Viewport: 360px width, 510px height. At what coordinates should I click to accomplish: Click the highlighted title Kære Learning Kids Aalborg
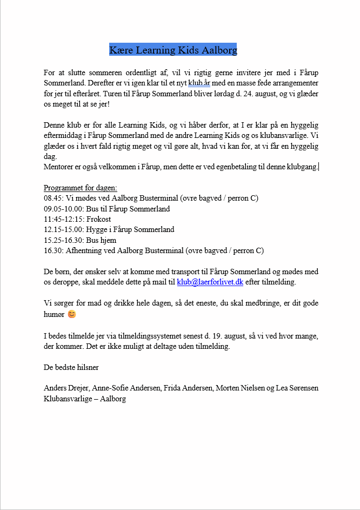coord(173,50)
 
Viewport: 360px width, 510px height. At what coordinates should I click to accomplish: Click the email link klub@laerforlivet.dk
coord(210,282)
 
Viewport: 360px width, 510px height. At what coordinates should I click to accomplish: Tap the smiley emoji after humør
coord(71,314)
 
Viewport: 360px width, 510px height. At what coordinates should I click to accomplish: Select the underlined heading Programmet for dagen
coord(80,188)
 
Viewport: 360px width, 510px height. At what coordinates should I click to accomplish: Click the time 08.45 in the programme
coord(53,198)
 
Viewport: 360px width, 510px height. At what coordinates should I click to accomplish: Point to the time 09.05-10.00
coord(63,209)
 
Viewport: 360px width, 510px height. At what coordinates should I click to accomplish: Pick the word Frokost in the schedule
coord(99,219)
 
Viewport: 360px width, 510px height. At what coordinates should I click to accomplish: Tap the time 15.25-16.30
coord(63,240)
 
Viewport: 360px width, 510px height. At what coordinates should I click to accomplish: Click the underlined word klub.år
coord(199,83)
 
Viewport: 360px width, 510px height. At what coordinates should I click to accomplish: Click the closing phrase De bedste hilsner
coord(71,367)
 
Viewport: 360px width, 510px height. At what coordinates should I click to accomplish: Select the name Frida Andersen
coord(184,388)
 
